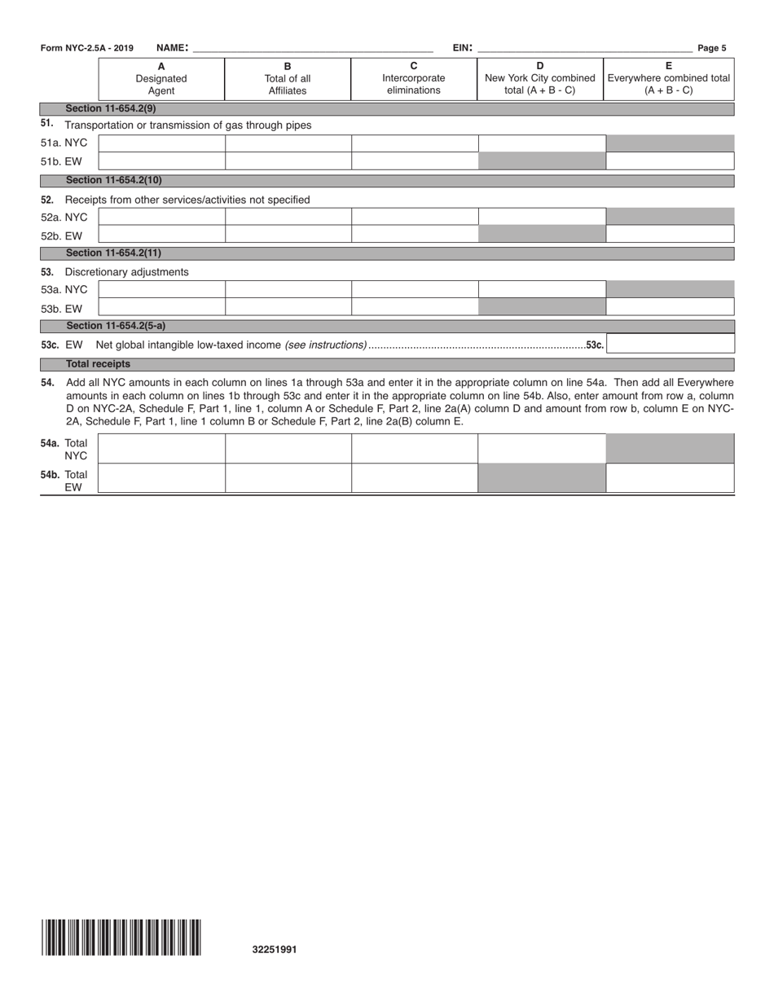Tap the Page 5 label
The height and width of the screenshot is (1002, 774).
pyautogui.click(x=711, y=48)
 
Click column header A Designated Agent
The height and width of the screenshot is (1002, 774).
pyautogui.click(x=161, y=79)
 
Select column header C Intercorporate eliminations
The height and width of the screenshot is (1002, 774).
pyautogui.click(x=414, y=79)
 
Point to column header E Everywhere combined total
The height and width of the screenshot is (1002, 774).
pyautogui.click(x=669, y=79)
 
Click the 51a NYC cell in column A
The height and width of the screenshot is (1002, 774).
pyautogui.click(x=161, y=143)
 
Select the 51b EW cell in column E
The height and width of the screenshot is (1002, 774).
pyautogui.click(x=670, y=161)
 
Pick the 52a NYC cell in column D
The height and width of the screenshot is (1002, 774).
pyautogui.click(x=541, y=217)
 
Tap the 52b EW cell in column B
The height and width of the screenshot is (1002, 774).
pyautogui.click(x=288, y=235)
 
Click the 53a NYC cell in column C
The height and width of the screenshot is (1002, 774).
pyautogui.click(x=414, y=289)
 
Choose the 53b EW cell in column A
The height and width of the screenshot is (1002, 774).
pyautogui.click(x=161, y=307)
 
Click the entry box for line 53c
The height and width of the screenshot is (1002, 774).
pyautogui.click(x=671, y=345)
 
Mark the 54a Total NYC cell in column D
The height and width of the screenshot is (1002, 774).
pyautogui.click(x=541, y=449)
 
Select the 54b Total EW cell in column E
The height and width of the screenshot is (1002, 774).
pyautogui.click(x=670, y=479)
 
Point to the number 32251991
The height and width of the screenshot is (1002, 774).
pyautogui.click(x=275, y=949)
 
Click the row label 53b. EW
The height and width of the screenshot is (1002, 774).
pyautogui.click(x=62, y=309)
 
